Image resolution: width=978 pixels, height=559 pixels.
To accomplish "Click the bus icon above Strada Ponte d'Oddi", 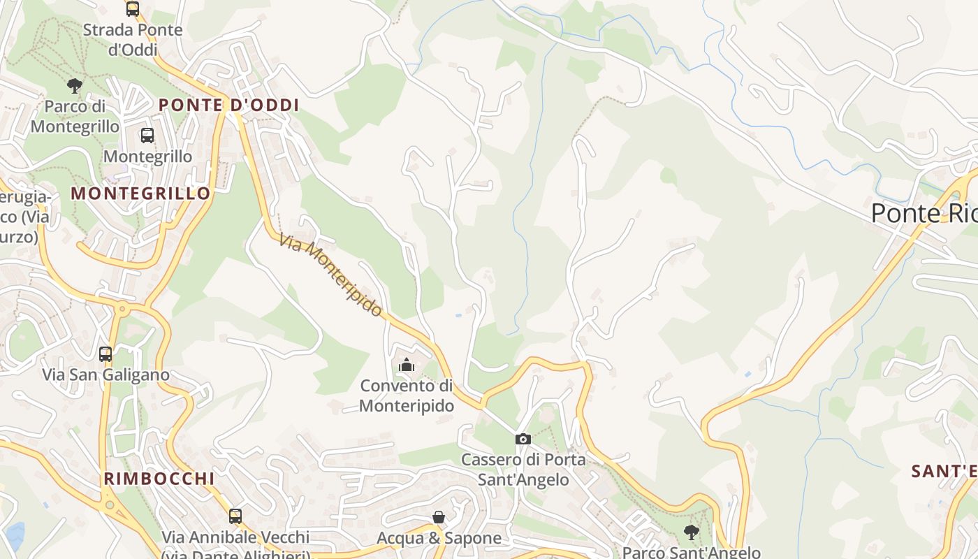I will pos(133,9).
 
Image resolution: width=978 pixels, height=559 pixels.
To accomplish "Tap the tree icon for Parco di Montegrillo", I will pos(75,86).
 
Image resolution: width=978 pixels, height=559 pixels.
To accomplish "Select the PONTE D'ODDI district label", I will pos(228,106).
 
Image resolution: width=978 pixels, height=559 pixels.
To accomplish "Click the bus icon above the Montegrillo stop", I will pos(147,136).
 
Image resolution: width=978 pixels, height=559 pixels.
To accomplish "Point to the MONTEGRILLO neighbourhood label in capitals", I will pos(141,194).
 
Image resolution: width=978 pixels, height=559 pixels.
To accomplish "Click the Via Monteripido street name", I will pos(331,275).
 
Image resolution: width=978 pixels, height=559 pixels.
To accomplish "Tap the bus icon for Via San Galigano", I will pos(105,354).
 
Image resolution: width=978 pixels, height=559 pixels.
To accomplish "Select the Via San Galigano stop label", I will pos(105,375).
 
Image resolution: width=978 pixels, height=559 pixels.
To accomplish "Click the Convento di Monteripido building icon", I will pos(406,364).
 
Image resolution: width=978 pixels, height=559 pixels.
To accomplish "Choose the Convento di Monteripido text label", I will pos(407,395).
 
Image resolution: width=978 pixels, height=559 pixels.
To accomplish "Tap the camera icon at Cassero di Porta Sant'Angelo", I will pos(523,439).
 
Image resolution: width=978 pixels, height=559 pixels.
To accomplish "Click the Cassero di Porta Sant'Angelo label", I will pos(523,470).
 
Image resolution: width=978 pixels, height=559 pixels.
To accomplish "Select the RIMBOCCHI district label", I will pos(159,479).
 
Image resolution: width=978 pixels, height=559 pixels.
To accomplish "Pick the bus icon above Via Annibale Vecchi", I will pos(235,516).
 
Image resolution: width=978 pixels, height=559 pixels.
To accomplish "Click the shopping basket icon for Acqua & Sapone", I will pos(439,517).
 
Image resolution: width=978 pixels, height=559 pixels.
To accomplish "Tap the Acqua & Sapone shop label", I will pos(439,538).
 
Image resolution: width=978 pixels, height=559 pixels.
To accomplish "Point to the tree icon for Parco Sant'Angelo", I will pos(691,532).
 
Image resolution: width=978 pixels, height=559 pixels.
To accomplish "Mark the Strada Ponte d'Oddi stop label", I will pos(133,40).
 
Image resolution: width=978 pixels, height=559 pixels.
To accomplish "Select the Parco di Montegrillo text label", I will pos(75,116).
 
